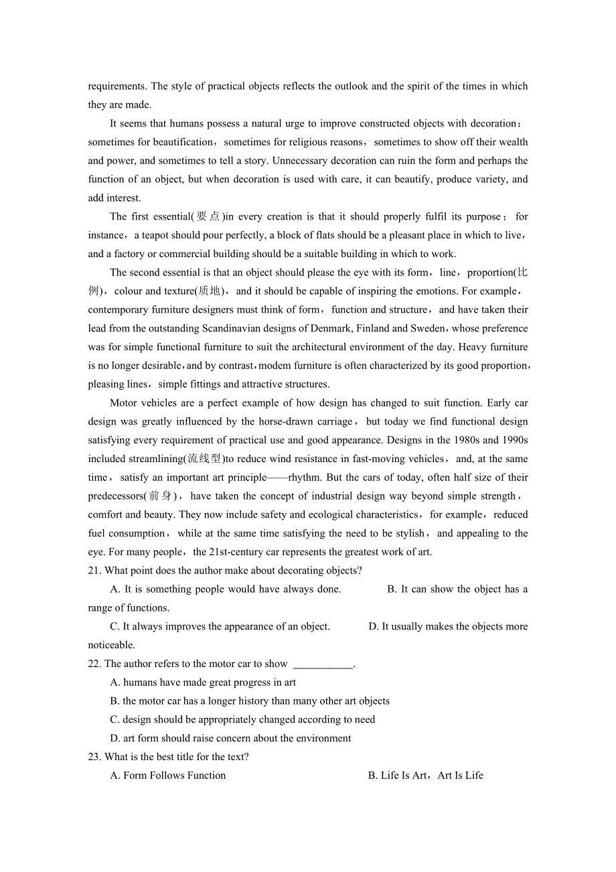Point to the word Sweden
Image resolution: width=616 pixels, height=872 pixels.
(x=429, y=328)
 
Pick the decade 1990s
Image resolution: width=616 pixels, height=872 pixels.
(x=514, y=440)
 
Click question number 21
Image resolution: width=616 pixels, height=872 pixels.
(x=94, y=571)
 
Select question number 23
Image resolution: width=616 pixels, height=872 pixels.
(x=94, y=757)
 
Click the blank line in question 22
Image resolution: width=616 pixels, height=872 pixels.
(x=323, y=664)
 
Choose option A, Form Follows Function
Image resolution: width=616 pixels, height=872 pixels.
(x=168, y=776)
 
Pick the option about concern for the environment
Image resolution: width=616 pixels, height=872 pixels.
(x=230, y=738)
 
